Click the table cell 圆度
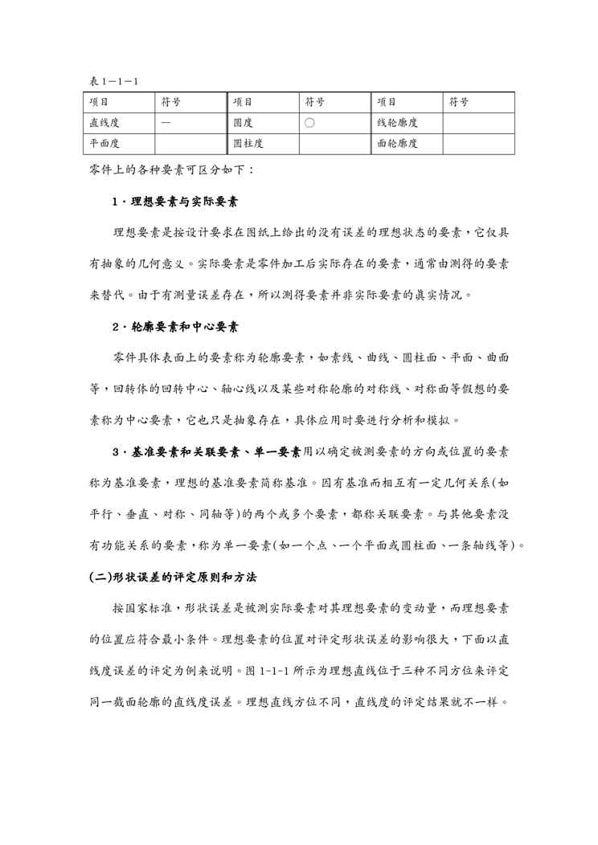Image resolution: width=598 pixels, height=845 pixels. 242,124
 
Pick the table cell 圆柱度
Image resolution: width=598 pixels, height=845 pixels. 248,144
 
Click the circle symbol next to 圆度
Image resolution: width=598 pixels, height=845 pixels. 309,124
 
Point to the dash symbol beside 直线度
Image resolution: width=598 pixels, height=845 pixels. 165,124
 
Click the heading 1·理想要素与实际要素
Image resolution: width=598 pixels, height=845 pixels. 178,201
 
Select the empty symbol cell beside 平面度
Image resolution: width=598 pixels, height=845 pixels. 190,144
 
